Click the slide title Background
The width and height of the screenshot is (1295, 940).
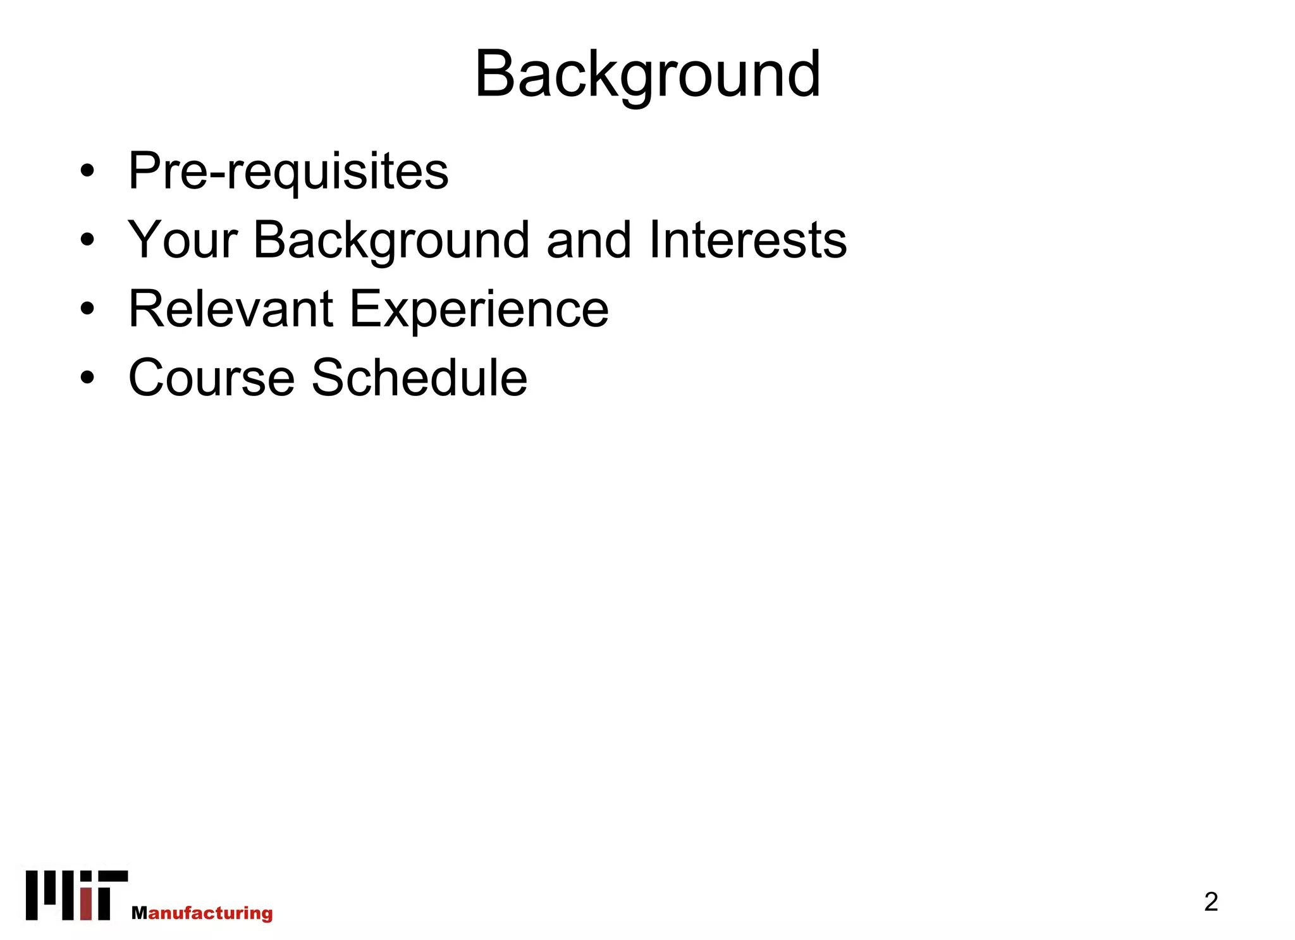pos(647,75)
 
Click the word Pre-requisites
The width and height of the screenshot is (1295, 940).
pos(288,171)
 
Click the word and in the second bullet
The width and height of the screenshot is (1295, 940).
pos(589,240)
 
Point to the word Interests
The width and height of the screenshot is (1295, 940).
pos(747,240)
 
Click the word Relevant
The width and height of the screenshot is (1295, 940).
pos(231,309)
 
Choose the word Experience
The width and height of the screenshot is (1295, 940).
pos(479,309)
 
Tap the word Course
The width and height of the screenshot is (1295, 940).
pos(212,378)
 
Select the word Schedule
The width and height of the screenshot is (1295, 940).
pos(419,378)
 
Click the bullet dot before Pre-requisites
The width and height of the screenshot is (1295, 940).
pos(87,171)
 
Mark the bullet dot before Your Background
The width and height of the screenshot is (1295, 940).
pos(87,240)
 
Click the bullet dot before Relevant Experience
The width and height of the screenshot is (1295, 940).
pos(87,309)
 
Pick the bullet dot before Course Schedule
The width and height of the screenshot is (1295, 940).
pos(87,378)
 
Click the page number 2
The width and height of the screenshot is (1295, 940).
pos(1210,901)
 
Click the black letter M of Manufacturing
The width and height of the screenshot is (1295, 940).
pos(139,913)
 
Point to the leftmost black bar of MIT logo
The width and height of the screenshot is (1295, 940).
pos(32,895)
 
